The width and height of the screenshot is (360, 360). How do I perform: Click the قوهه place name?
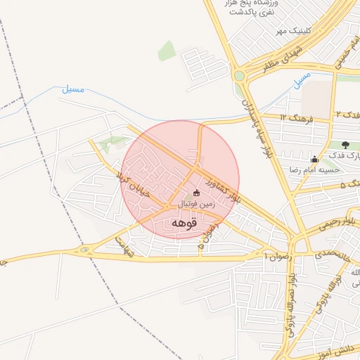pos(185,222)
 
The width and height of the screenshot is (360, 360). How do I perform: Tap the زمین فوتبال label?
pos(194,204)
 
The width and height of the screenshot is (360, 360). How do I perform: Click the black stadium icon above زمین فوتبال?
pos(196,193)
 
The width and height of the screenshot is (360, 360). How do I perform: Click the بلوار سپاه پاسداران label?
pos(256,127)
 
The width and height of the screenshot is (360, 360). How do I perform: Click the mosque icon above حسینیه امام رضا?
pos(314,159)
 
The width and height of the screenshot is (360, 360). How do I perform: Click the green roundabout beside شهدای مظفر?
pos(240,76)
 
